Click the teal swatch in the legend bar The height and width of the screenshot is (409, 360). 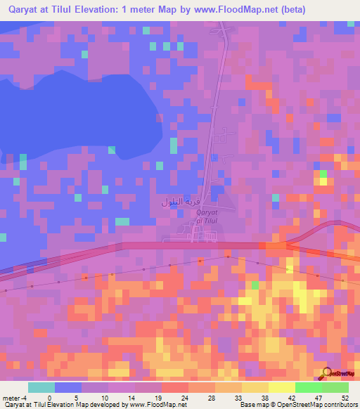41,387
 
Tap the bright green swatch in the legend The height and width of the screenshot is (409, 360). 308,387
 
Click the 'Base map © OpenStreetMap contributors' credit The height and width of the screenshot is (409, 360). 297,405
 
